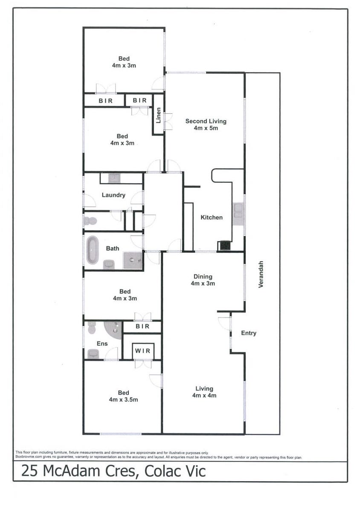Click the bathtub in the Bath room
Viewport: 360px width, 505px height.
click(x=92, y=250)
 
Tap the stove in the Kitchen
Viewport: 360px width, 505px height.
click(x=225, y=245)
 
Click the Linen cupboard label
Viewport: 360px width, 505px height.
click(x=158, y=115)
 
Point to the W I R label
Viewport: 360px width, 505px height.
click(x=142, y=351)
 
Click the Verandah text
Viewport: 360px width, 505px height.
click(x=261, y=274)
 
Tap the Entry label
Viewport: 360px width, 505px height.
click(x=249, y=333)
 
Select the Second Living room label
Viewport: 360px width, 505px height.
click(x=206, y=121)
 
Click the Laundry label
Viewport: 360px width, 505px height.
click(x=113, y=195)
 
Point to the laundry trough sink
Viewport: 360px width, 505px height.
click(x=114, y=178)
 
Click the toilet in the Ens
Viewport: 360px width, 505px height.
click(x=92, y=328)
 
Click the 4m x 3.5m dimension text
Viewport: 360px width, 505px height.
click(x=123, y=400)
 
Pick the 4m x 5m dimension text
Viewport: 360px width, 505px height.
click(x=206, y=128)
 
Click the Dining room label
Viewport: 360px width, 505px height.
click(x=203, y=277)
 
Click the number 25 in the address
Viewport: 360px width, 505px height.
click(x=30, y=471)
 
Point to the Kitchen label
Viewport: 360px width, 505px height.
click(x=212, y=217)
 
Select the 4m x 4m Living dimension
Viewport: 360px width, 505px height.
click(x=204, y=395)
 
